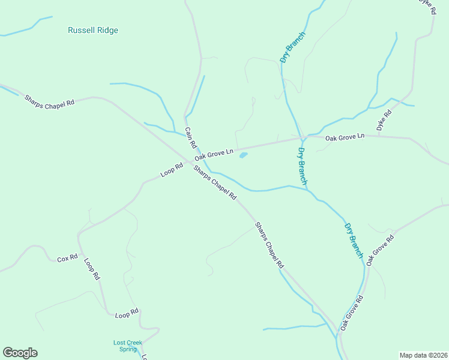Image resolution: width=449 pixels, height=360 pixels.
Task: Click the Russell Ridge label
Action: click(x=93, y=31)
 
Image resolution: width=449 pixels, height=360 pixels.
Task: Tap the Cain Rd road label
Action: click(x=191, y=137)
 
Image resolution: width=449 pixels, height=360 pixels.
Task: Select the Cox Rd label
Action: click(x=67, y=259)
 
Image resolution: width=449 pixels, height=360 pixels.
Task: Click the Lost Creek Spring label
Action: click(x=128, y=346)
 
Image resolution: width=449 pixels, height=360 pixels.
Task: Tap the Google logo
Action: click(x=20, y=353)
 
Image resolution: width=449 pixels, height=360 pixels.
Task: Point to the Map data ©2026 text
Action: click(x=423, y=355)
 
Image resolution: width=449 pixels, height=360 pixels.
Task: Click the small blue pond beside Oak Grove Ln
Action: click(x=243, y=155)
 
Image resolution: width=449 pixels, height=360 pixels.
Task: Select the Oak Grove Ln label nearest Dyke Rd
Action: click(x=345, y=137)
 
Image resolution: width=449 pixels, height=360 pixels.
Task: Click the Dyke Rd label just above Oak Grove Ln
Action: click(x=384, y=121)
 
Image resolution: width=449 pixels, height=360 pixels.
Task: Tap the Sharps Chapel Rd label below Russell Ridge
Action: click(x=49, y=100)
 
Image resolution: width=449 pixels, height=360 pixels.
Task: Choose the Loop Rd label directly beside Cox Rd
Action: click(x=91, y=269)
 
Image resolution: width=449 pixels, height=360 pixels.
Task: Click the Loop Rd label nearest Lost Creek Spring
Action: click(x=127, y=313)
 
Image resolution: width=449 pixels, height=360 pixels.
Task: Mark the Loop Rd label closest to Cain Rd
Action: click(x=172, y=170)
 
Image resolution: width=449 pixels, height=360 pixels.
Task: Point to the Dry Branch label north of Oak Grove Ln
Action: click(x=293, y=47)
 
